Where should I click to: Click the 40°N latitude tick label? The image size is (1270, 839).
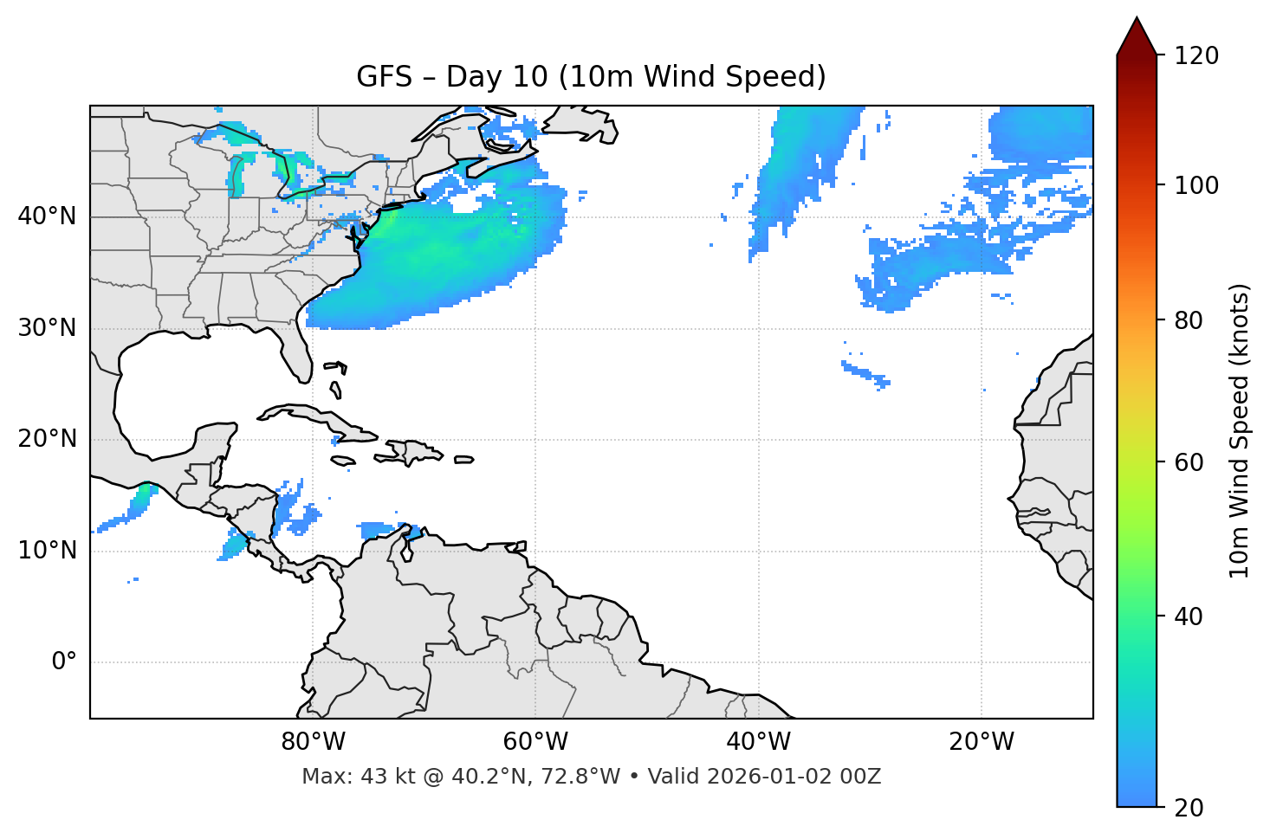(x=47, y=216)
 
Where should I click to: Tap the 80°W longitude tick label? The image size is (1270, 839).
(x=313, y=742)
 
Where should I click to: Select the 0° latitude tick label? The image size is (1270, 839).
(x=63, y=662)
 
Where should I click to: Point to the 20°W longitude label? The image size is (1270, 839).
(x=982, y=742)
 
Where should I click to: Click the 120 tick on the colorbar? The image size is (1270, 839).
(x=1196, y=56)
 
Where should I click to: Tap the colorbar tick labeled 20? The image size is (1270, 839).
(x=1188, y=808)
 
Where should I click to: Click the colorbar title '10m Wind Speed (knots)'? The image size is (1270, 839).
(x=1240, y=430)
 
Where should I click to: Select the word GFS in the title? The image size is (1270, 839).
(x=384, y=77)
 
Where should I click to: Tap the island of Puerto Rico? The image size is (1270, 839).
(x=463, y=460)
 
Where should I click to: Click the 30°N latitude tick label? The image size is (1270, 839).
(x=47, y=328)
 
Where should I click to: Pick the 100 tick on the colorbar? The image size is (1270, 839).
(x=1196, y=185)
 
